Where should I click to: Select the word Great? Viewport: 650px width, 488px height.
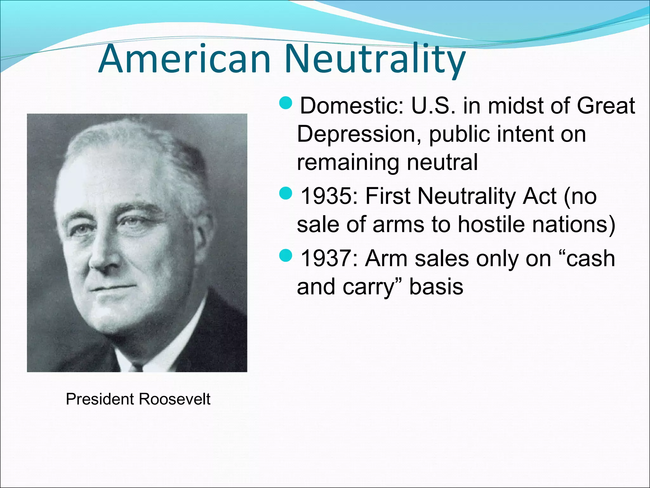606,105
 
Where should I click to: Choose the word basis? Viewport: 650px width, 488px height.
436,287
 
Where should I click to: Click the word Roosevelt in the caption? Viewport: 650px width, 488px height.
175,399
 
